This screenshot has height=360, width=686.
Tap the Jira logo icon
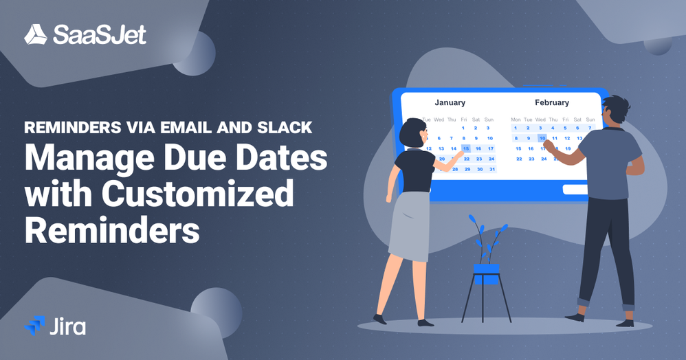click(34, 325)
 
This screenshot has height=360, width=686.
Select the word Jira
click(67, 326)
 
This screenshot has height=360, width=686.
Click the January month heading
click(450, 102)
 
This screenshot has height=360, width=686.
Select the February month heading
click(552, 102)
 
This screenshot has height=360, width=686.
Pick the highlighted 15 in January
click(465, 148)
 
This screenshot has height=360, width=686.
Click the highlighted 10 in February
click(542, 138)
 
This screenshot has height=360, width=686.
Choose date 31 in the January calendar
click(491, 169)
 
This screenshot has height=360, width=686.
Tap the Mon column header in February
click(516, 120)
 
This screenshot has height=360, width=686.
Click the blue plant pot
click(486, 271)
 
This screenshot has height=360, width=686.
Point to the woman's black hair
click(416, 131)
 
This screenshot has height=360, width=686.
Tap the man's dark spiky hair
click(617, 106)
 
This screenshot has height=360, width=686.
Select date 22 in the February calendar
click(518, 159)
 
